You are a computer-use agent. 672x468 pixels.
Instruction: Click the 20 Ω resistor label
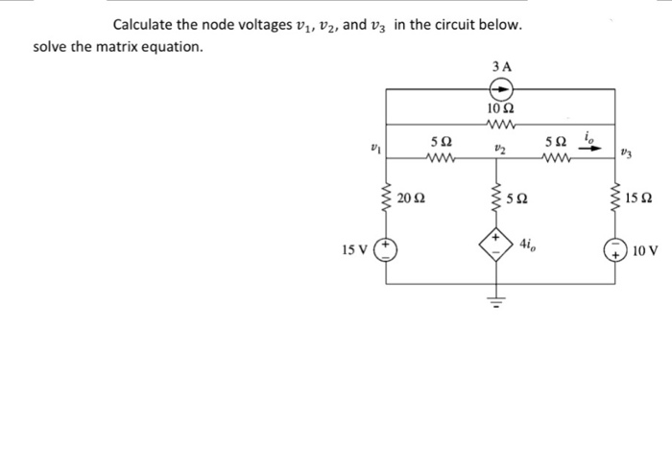pos(413,199)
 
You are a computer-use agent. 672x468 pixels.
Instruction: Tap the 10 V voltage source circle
pos(614,251)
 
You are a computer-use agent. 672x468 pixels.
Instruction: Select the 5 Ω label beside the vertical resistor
pos(528,199)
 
